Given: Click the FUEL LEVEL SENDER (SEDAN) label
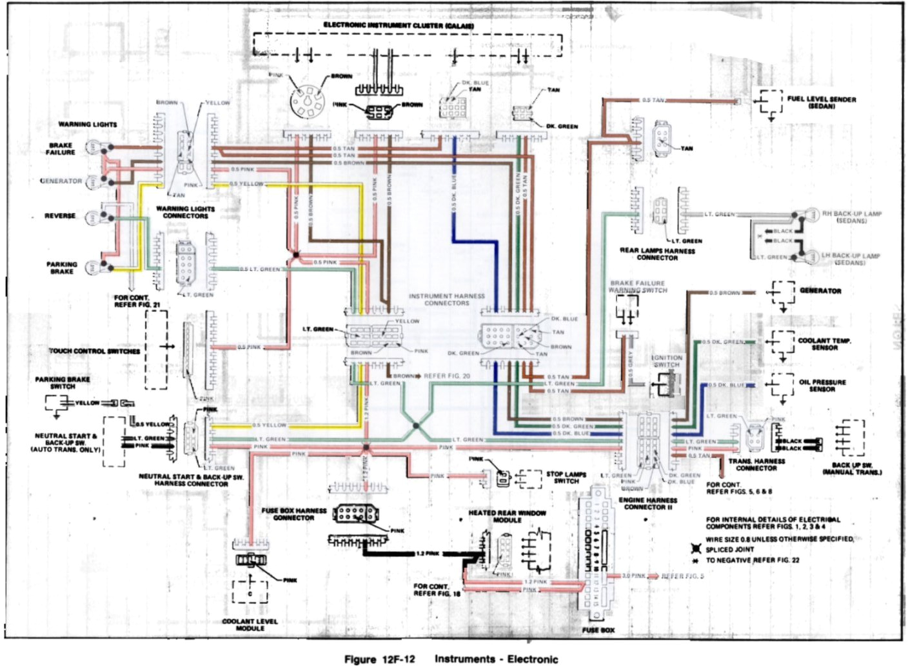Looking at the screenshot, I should pos(821,103).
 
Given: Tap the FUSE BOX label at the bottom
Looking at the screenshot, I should pos(598,630).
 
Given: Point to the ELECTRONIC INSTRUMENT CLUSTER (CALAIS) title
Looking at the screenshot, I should pos(399,26).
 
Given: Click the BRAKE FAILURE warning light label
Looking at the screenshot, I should pos(61,149).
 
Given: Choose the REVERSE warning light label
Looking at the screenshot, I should pos(60,215).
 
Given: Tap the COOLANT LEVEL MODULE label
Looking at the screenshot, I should pos(250,625).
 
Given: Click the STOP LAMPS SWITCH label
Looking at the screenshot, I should pos(566,477).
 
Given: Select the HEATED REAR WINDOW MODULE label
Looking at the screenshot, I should pos(507,516).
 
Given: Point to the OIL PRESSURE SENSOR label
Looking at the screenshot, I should pos(822,385).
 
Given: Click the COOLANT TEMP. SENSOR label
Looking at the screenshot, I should pos(824,344).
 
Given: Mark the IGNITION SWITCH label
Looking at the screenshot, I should pos(667,361).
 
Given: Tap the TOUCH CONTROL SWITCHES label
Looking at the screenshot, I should pos(95,351).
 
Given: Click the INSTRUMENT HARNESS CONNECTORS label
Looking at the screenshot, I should pos(446,299).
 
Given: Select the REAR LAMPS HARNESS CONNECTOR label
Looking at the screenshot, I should pos(657,254).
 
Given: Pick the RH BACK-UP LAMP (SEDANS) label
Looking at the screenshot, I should pos(851,217).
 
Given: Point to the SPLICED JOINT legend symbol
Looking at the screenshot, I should pos(695,549).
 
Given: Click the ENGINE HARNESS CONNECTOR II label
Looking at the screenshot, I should pos(647,503).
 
